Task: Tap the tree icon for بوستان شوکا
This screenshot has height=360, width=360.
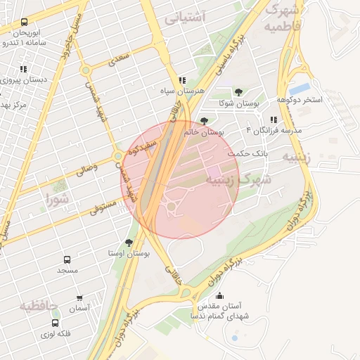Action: [238, 92]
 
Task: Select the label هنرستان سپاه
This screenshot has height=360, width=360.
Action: [182, 91]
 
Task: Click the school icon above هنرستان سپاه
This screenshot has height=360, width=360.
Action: [182, 80]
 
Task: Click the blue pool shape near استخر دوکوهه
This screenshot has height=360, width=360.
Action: [300, 89]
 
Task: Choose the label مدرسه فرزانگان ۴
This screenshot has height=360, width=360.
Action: [274, 131]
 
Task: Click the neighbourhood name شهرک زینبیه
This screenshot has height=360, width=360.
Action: [233, 181]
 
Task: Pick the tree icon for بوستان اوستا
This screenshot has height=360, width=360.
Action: [129, 242]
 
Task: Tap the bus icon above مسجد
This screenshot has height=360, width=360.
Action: [67, 259]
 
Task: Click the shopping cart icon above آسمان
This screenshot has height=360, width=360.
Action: [79, 298]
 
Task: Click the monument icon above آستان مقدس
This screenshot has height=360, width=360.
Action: [219, 296]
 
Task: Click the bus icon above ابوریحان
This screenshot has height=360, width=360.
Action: [25, 22]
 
